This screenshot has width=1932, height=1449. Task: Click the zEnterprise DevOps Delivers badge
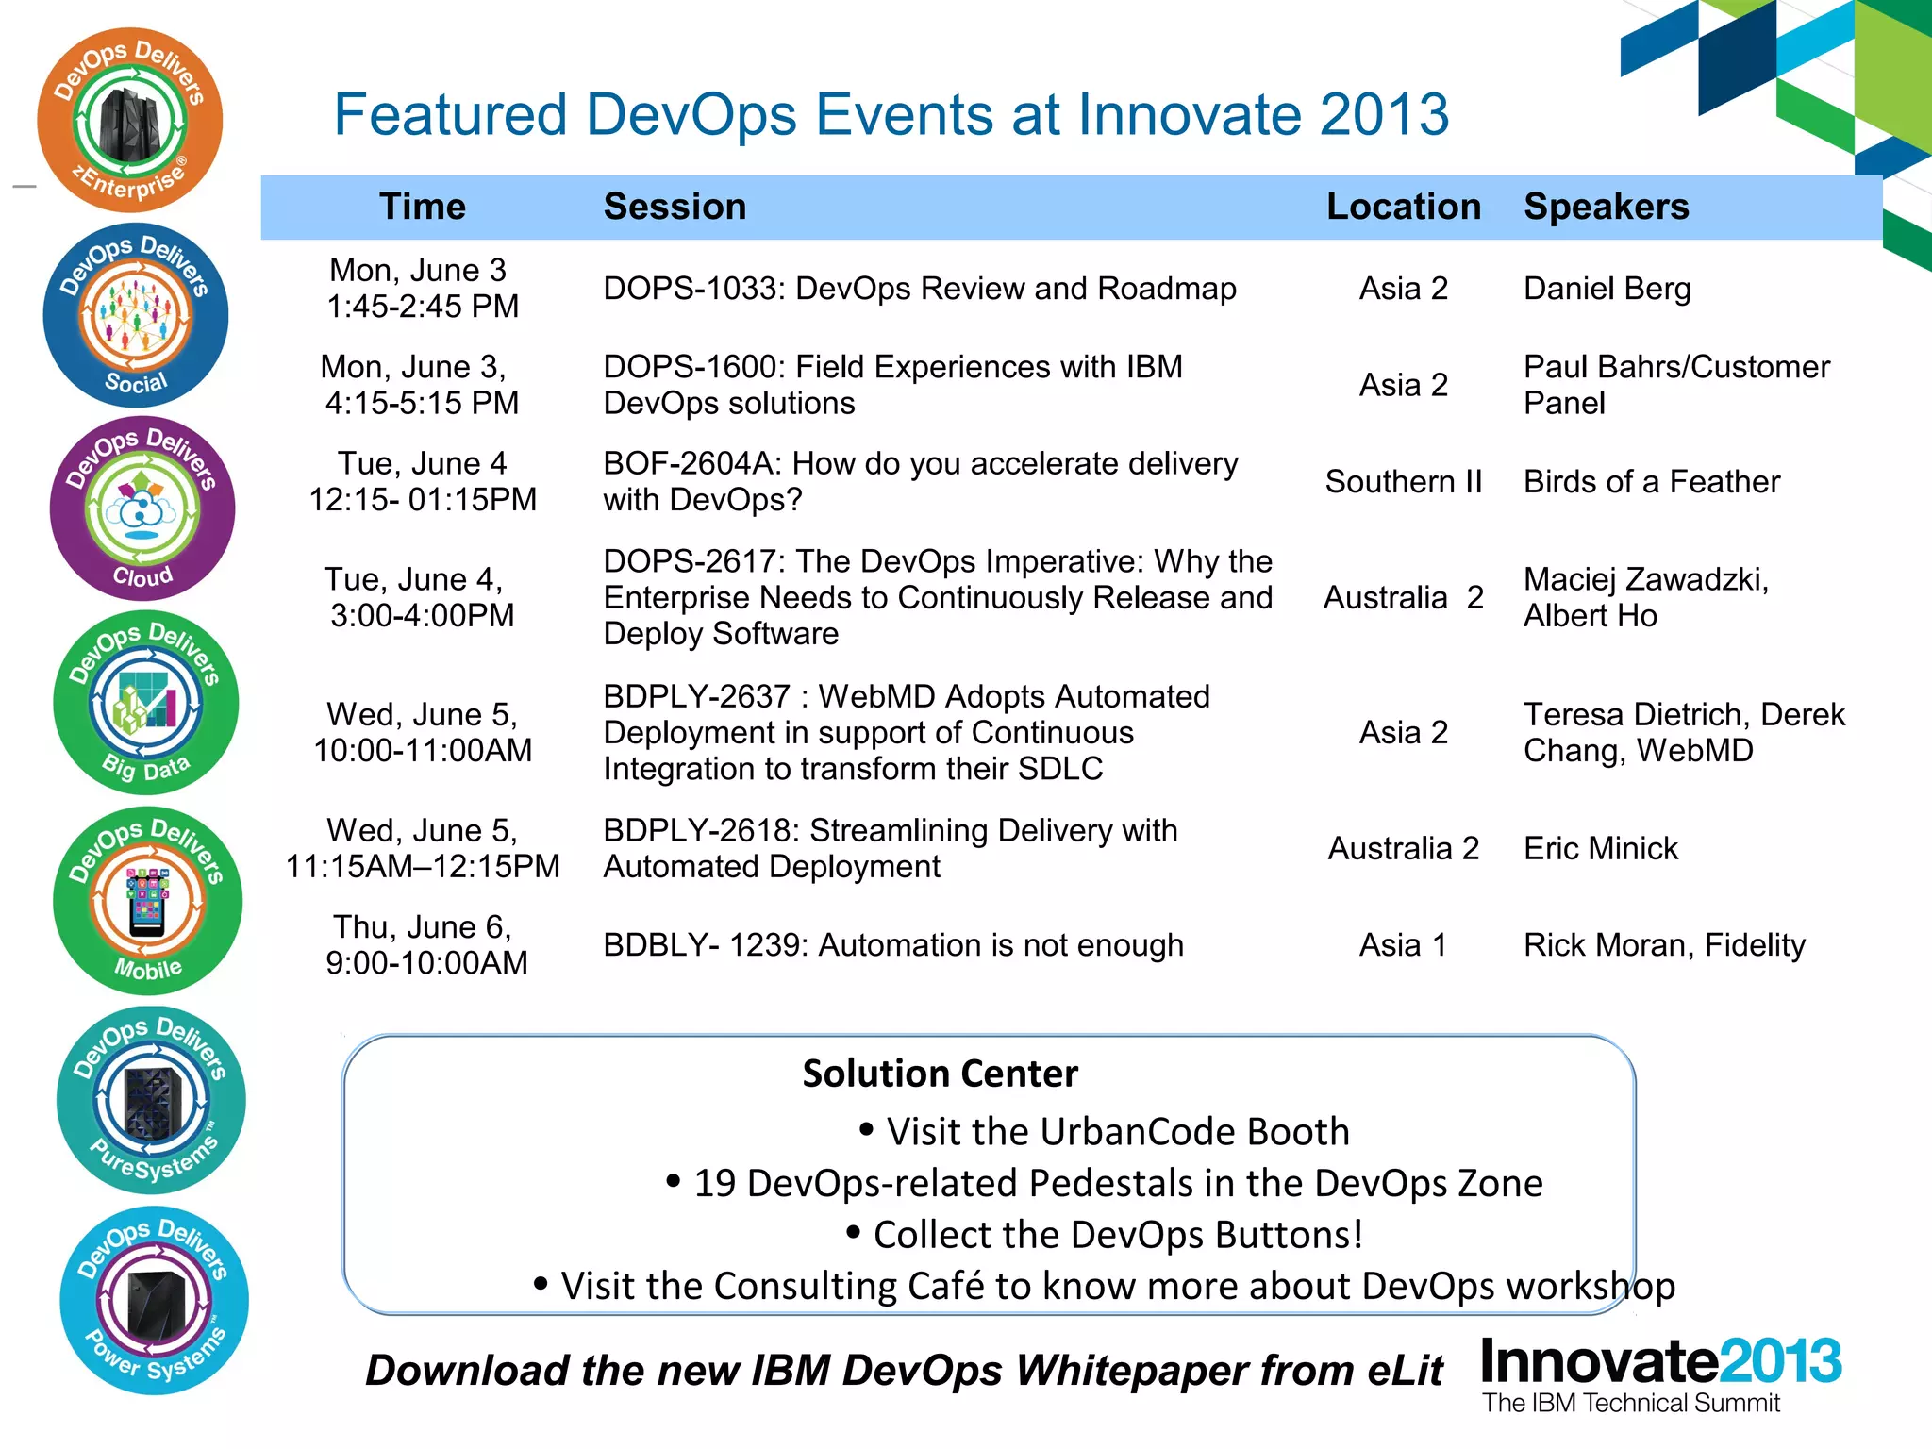pyautogui.click(x=129, y=120)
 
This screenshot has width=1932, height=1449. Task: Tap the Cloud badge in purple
pyautogui.click(x=142, y=509)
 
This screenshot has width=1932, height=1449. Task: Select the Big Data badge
pyautogui.click(x=145, y=704)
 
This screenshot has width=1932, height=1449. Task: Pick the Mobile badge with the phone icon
pyautogui.click(x=147, y=901)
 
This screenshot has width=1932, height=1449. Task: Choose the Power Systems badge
pyautogui.click(x=154, y=1301)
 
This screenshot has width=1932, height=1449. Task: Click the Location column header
pyautogui.click(x=1403, y=207)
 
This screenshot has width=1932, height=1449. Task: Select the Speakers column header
pyautogui.click(x=1606, y=207)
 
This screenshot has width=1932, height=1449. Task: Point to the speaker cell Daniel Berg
pyautogui.click(x=1607, y=289)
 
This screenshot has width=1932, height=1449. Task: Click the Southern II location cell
pyautogui.click(x=1403, y=482)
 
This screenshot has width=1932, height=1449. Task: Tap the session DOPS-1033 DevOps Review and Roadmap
pyautogui.click(x=919, y=289)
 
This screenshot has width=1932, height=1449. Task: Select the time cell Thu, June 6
pyautogui.click(x=425, y=945)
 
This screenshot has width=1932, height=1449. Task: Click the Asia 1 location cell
pyautogui.click(x=1403, y=945)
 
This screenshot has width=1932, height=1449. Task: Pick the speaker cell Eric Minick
pyautogui.click(x=1601, y=849)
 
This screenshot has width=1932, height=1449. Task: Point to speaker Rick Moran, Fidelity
pyautogui.click(x=1664, y=945)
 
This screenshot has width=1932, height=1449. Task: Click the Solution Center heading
pyautogui.click(x=940, y=1074)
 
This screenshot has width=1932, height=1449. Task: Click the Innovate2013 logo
pyautogui.click(x=1660, y=1373)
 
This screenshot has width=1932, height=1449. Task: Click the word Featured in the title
pyautogui.click(x=450, y=115)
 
